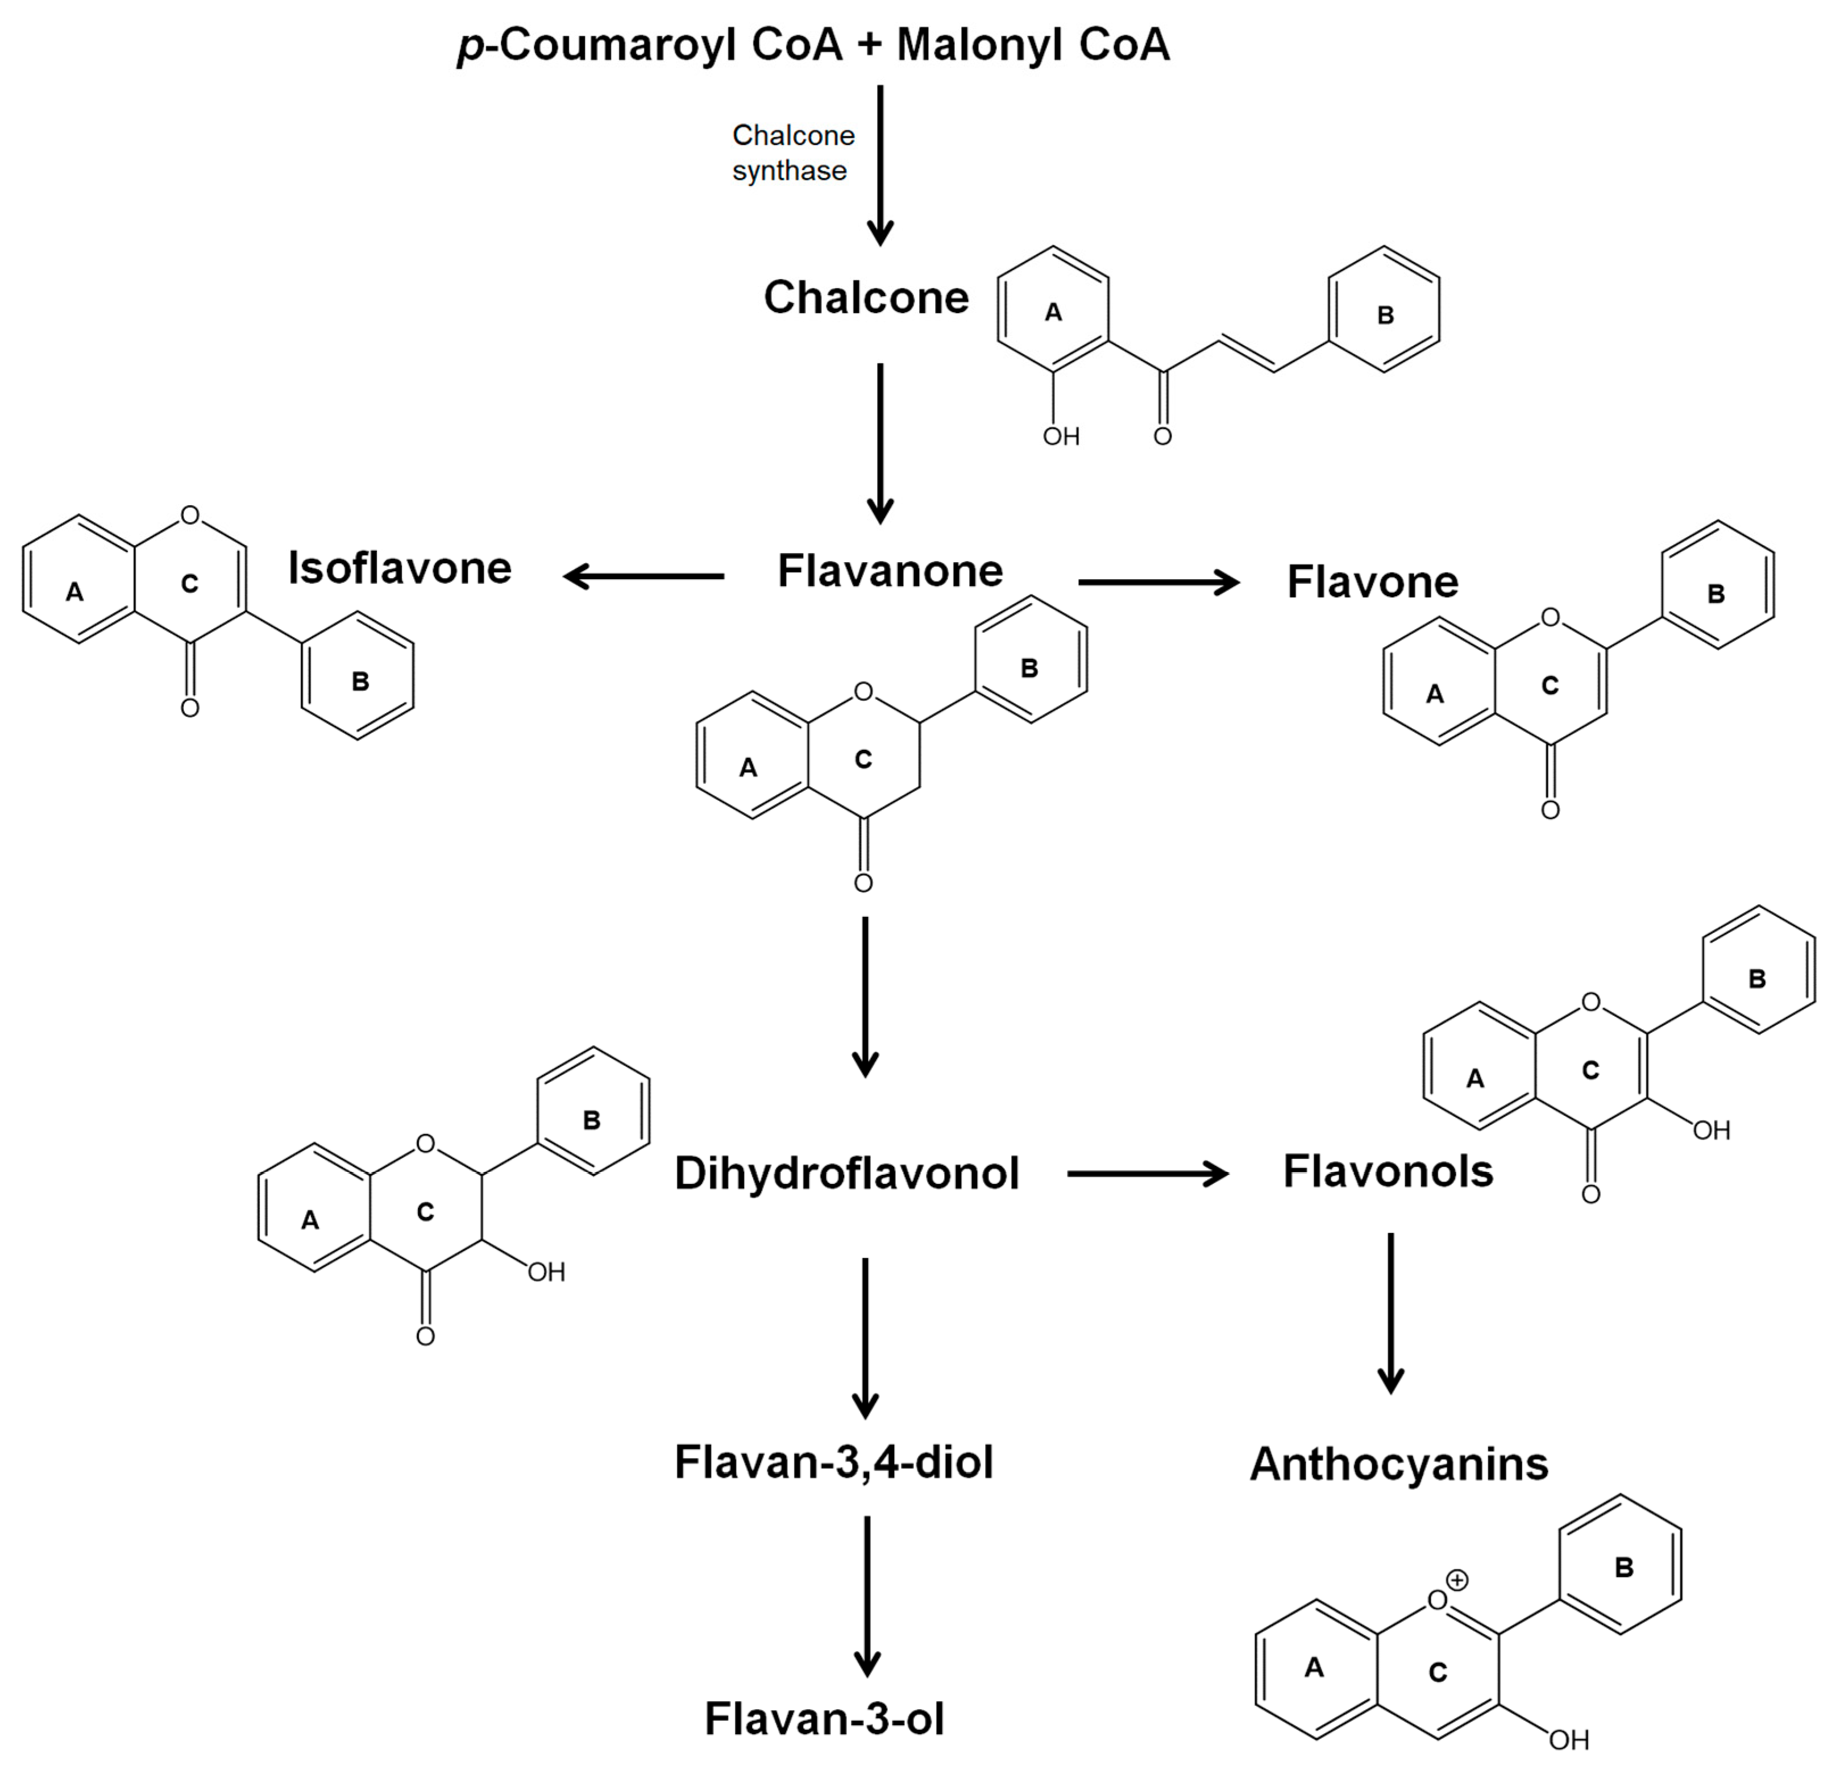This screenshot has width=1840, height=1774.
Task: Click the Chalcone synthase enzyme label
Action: [794, 153]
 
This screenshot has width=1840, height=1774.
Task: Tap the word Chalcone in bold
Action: [866, 297]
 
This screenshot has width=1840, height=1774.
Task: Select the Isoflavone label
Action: [400, 568]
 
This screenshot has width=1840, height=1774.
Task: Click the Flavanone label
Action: [890, 571]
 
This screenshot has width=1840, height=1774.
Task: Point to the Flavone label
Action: [1373, 582]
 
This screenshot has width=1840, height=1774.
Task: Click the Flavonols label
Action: [1388, 1171]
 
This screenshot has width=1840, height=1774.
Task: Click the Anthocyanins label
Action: [1399, 1464]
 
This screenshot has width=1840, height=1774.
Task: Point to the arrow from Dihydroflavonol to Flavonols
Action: [1147, 1173]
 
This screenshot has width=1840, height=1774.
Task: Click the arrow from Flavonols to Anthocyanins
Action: [1390, 1314]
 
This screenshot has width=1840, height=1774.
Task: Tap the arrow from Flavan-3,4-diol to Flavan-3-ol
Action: [866, 1596]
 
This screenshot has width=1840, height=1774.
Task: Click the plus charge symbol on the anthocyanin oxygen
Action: [1456, 1580]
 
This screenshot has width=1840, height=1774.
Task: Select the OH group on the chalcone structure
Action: [1061, 437]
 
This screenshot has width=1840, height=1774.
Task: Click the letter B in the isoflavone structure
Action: [360, 682]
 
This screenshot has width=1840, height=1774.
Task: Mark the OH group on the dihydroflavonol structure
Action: [546, 1272]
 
